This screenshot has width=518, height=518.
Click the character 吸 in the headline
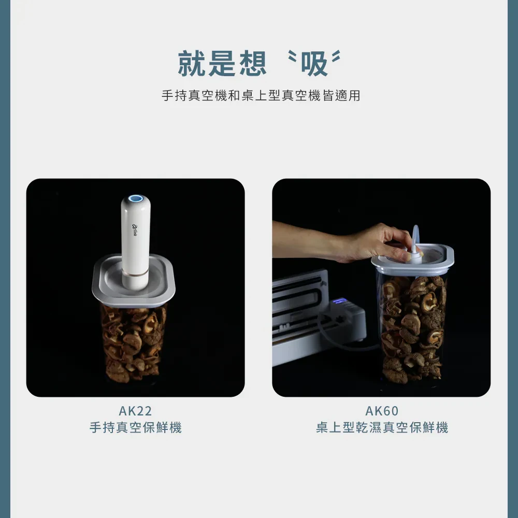click(x=314, y=64)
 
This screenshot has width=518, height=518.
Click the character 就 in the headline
click(x=192, y=64)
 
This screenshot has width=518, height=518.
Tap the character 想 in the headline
click(x=253, y=64)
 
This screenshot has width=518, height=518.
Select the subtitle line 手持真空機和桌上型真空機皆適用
click(x=261, y=95)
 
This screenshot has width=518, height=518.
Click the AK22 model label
click(x=135, y=411)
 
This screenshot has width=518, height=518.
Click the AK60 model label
click(x=382, y=411)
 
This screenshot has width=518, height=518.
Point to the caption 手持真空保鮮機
click(x=135, y=427)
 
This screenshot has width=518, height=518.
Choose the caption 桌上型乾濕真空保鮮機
click(x=382, y=427)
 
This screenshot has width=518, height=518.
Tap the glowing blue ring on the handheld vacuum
click(x=136, y=198)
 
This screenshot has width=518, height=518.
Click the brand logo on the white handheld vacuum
click(x=135, y=230)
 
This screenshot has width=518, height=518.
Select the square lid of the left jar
click(x=134, y=281)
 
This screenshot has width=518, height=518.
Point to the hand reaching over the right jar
click(x=343, y=243)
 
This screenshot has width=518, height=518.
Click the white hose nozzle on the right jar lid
click(x=415, y=247)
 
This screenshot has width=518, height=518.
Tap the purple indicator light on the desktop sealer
click(x=340, y=301)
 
